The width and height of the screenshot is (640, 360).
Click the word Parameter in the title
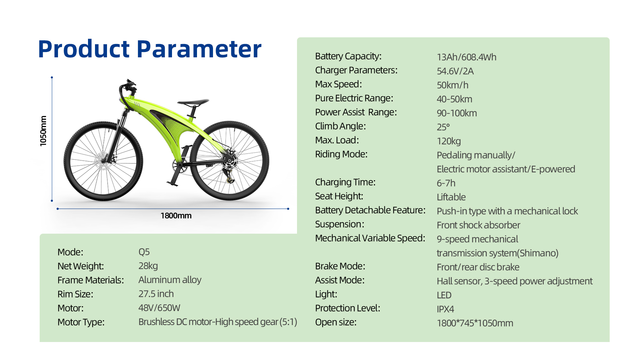(199, 49)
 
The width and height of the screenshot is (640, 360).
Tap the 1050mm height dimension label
(43, 131)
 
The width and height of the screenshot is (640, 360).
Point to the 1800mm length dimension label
(176, 216)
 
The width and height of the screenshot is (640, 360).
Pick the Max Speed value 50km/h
(452, 85)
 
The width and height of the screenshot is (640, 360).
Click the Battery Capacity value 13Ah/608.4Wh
(466, 57)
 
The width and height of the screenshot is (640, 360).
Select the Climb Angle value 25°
(443, 127)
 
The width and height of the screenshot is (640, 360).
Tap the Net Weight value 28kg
(148, 266)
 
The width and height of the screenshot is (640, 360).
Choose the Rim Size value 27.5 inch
(156, 294)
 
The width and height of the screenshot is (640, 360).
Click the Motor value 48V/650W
(159, 308)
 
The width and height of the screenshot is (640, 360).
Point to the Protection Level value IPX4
(445, 309)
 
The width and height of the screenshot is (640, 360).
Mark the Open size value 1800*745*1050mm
(475, 323)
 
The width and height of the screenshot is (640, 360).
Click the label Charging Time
(345, 182)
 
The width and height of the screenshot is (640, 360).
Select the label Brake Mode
(340, 266)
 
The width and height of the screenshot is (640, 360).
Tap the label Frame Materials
(90, 280)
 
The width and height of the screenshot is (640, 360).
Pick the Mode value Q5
(144, 252)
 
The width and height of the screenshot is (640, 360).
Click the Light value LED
(444, 295)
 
